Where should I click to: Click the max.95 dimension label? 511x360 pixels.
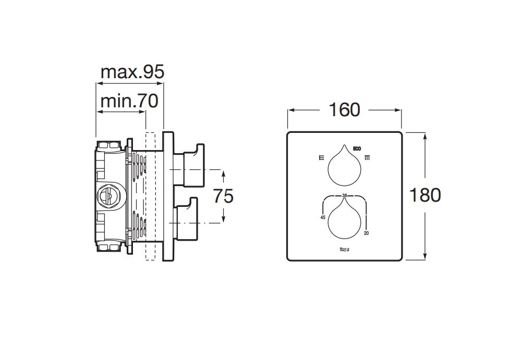tap(132, 72)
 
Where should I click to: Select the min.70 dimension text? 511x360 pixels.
tap(129, 101)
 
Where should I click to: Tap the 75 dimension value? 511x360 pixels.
tap(223, 196)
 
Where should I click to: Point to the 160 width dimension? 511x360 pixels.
tap(345, 110)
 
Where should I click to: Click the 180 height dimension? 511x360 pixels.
tap(425, 195)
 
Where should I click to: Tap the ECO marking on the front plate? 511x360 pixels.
tap(357, 149)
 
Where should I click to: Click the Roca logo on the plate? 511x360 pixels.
tap(345, 250)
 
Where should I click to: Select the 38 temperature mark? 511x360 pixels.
tap(345, 195)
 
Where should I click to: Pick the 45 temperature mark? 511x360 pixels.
tap(323, 217)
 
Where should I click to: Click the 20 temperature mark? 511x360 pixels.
tap(366, 233)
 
